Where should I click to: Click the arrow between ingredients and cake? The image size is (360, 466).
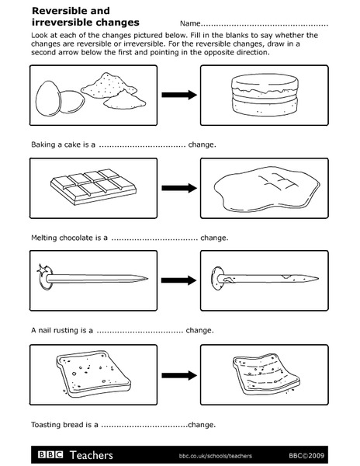tap(178, 95)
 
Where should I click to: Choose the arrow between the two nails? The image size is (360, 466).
tap(178, 280)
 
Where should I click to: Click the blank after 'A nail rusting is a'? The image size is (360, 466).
tap(140, 330)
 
